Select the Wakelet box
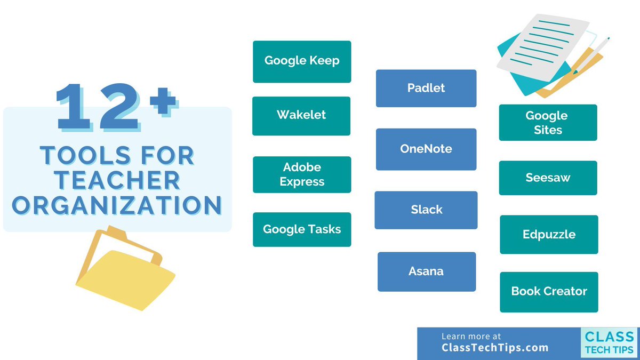coord(301,116)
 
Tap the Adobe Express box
coord(302,174)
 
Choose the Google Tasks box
coord(302,229)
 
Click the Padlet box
coord(426,88)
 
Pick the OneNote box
coord(426,149)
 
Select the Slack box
coord(426,210)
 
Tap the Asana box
coord(426,271)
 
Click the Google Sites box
coord(548,123)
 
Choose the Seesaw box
coord(548,178)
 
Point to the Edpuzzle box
coord(549,235)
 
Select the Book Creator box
coord(549,292)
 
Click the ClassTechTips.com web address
coord(495,348)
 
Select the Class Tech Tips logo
coord(609,342)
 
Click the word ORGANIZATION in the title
coord(117,205)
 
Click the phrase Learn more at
coord(471,337)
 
